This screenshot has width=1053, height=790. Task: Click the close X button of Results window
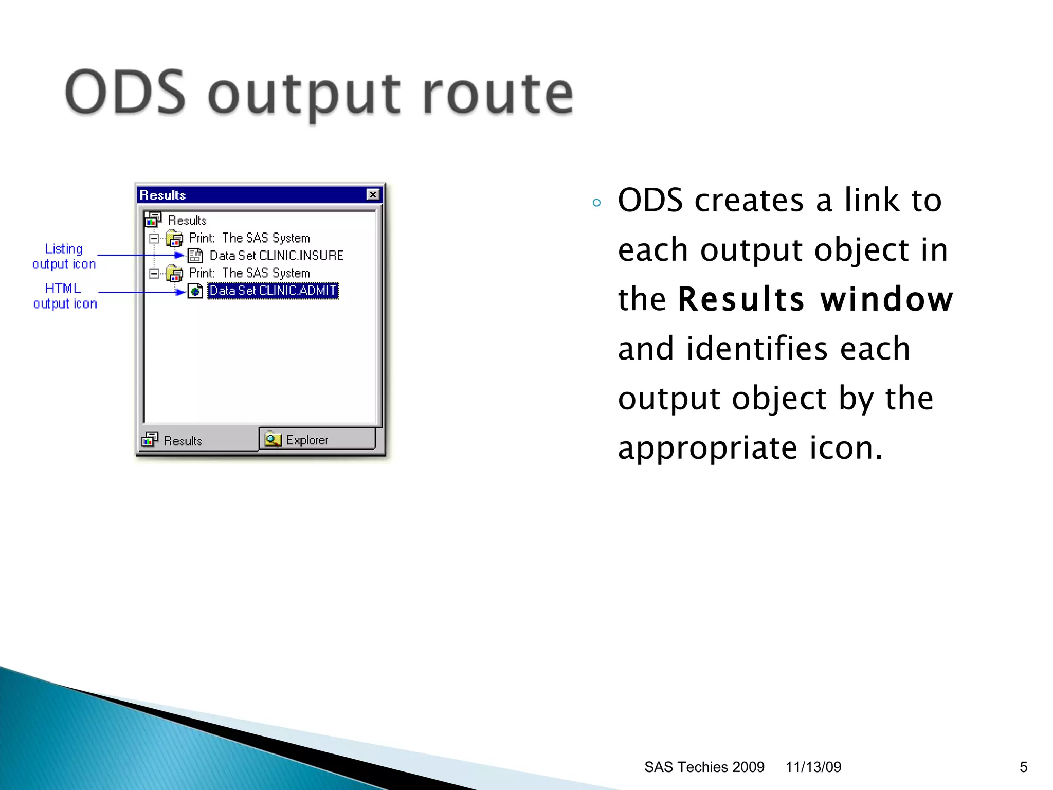coord(373,194)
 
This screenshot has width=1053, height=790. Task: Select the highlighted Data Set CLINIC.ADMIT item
coord(273,291)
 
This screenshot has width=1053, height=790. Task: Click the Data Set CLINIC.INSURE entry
coord(276,256)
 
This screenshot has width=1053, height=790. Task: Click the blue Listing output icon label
coord(64,256)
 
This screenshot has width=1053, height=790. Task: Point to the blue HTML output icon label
coord(64,296)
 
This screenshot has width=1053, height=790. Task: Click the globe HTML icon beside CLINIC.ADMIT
coord(195,291)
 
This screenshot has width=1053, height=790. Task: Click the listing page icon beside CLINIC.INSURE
coord(195,256)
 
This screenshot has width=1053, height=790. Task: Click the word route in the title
coord(498,94)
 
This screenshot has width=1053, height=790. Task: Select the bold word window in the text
coord(886,299)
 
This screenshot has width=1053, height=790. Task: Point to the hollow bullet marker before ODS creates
coord(596,203)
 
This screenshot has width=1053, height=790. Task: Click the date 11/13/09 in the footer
coord(813,767)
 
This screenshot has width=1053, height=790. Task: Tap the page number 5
coord(1023,767)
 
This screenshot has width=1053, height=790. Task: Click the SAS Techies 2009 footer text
coord(704,767)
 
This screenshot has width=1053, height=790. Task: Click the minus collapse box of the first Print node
coord(154,239)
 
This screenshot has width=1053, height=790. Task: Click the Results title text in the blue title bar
coord(162,195)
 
